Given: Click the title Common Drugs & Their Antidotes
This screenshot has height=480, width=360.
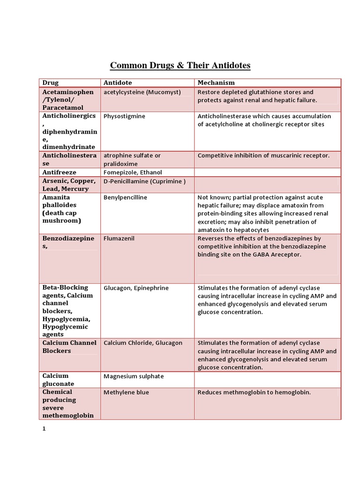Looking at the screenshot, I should point(180,65).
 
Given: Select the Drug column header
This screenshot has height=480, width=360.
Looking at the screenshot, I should point(50,83).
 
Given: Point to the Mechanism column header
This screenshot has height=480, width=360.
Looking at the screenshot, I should point(216,83).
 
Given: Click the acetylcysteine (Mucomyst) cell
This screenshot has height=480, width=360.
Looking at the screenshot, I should point(142,92).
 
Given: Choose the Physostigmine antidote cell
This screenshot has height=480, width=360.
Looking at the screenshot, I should point(124,116).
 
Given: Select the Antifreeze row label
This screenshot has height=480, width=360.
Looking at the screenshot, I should point(60,172).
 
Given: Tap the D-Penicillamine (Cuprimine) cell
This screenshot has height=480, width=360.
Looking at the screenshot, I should point(144,181).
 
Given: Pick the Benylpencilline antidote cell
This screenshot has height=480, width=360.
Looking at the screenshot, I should point(125,197).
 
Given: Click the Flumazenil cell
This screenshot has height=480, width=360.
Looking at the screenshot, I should point(119,239).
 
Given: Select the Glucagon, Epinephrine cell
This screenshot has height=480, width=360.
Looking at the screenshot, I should point(136,288).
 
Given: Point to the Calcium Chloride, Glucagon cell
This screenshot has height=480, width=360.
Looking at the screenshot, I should point(143,343).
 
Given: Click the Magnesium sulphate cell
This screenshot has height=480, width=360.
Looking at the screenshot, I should point(134,376).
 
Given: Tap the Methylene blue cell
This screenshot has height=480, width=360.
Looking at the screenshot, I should point(126,392).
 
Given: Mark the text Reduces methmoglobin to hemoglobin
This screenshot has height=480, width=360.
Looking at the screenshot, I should point(254,392).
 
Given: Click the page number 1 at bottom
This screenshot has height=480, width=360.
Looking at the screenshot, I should point(44,428).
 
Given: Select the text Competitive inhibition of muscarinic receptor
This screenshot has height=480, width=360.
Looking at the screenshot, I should point(263,156).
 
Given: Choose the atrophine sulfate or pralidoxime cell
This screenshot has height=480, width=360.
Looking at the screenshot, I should point(132,160).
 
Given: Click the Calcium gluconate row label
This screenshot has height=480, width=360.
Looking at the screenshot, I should point(58,380).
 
